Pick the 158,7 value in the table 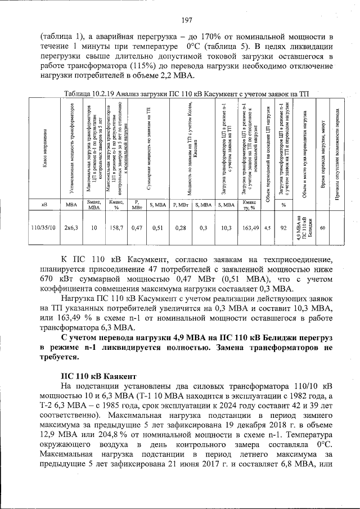click(x=116, y=228)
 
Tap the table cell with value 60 click(x=322, y=228)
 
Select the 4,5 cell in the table click(x=267, y=228)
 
